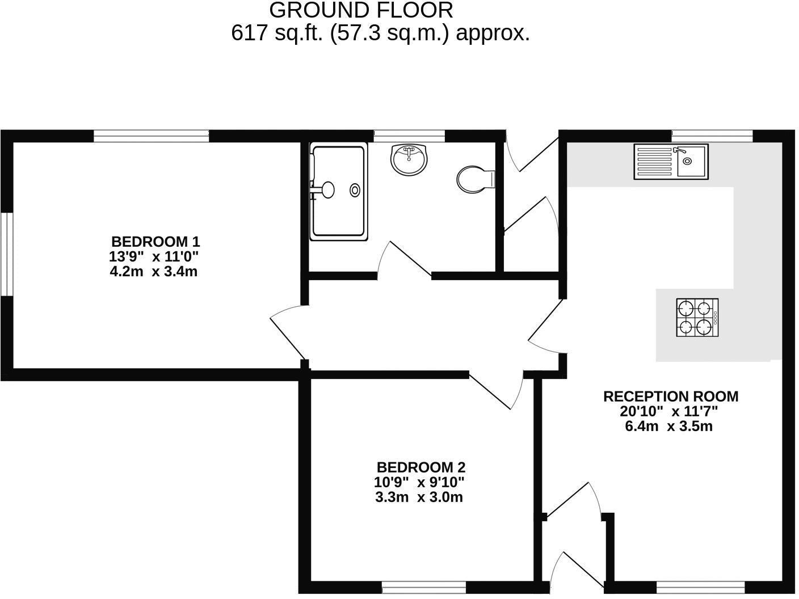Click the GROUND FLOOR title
[x=361, y=10]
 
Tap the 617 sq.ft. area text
[x=380, y=33]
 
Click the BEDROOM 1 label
[x=155, y=241]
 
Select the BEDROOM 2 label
[x=420, y=467]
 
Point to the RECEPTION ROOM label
[x=670, y=396]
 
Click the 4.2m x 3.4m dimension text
[x=153, y=271]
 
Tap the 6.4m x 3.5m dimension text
[x=668, y=426]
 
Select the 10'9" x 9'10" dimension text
[x=419, y=483]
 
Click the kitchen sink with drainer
[x=671, y=162]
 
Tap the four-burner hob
[x=697, y=318]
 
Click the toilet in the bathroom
[x=476, y=179]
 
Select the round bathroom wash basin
[x=409, y=159]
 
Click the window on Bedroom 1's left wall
[x=6, y=254]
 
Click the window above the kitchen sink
[x=712, y=136]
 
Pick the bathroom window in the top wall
[x=409, y=136]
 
